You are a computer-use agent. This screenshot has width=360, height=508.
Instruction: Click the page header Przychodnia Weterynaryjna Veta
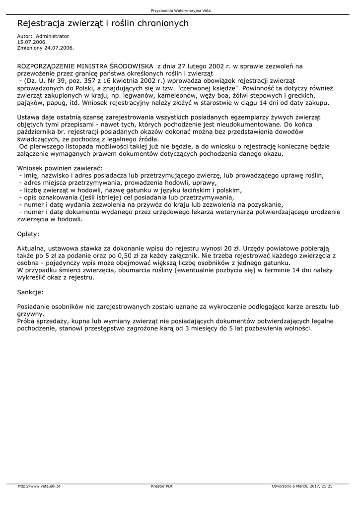[180, 10]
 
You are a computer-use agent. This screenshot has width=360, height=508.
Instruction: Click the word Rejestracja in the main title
[42, 23]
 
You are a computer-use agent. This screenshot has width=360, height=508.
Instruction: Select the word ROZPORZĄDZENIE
[51, 65]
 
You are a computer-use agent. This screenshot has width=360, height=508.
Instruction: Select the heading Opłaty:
[28, 233]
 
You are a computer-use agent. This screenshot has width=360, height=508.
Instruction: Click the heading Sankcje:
[30, 292]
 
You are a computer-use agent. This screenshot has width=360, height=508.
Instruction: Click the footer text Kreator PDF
[162, 486]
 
